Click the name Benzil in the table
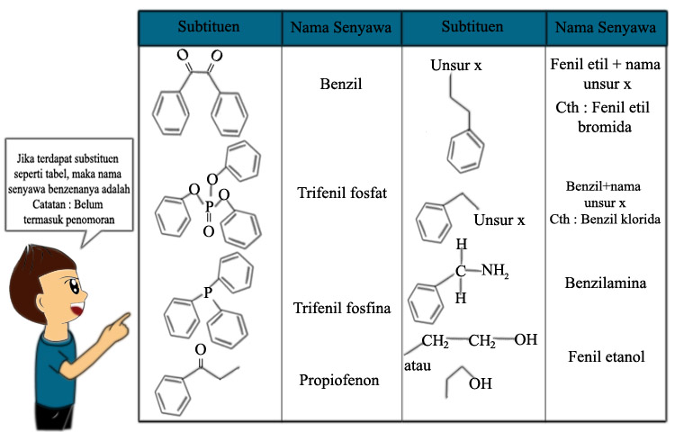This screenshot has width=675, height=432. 341,86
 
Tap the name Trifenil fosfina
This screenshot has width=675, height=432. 342,309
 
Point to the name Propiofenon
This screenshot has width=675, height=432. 339,380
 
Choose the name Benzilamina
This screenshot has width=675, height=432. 605,283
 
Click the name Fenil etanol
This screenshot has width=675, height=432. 606,357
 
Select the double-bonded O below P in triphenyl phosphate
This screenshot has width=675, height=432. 208,232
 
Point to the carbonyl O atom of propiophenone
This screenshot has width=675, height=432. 200,349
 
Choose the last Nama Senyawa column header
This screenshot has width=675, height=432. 606,28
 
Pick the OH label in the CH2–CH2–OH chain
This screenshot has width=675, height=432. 526,340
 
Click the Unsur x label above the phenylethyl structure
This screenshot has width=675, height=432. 457,66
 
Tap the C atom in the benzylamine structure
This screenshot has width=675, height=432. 461,269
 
